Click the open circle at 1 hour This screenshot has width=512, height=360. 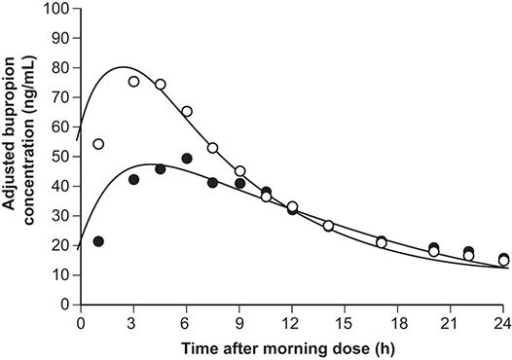coord(98,144)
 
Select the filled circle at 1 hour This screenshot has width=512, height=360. coord(98,241)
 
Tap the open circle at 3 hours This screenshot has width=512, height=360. coord(133,82)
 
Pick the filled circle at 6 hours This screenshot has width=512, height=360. coord(187,159)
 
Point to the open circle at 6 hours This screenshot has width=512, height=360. coord(187,111)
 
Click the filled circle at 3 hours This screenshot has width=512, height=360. coord(133,179)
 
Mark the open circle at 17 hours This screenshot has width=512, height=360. coord(382,243)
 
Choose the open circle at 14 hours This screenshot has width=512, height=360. coord(328,226)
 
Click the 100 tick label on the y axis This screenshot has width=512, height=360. coord(56,8)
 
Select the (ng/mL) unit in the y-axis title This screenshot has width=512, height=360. coord(29,82)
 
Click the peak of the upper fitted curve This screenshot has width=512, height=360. coord(123,67)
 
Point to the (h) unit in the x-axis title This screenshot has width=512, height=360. coord(386,349)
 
